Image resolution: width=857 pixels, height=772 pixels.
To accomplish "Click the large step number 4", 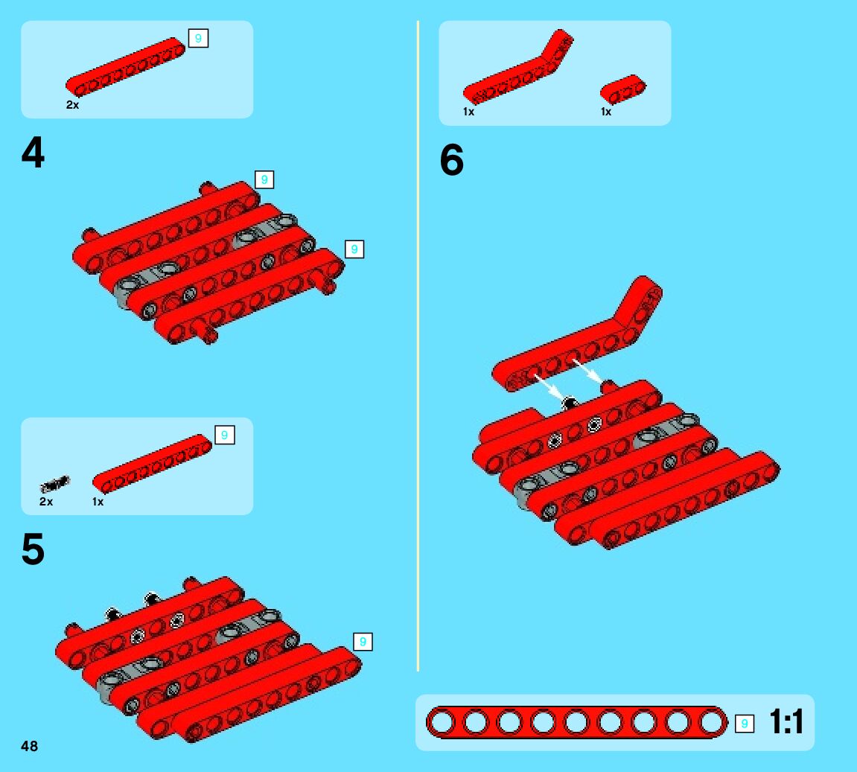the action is click(33, 153).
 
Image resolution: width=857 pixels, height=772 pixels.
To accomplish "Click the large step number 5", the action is click(33, 549).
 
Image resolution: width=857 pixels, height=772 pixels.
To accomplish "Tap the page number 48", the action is click(30, 746).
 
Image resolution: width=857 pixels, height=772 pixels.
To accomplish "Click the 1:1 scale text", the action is click(786, 721).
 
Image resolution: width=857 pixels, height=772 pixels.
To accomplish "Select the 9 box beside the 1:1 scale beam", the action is click(744, 724).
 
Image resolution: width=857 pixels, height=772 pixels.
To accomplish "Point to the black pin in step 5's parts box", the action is click(54, 484).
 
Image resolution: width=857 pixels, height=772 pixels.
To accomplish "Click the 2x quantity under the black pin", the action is click(46, 502).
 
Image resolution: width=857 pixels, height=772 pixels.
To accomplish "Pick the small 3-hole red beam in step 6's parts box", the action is click(622, 89).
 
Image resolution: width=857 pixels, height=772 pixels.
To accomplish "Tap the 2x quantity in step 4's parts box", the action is click(73, 104).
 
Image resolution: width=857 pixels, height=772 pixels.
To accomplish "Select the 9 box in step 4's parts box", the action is click(198, 38).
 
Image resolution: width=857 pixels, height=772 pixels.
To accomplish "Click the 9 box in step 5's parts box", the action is click(224, 435).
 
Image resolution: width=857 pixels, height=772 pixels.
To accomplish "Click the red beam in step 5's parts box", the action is click(152, 464).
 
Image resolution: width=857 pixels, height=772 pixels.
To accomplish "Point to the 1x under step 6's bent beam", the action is click(468, 112).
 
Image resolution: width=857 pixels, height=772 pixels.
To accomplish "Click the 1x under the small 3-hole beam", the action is click(605, 112).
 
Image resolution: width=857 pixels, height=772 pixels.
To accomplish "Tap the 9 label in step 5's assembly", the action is click(363, 642).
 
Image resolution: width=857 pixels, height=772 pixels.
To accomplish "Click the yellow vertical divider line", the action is click(418, 346).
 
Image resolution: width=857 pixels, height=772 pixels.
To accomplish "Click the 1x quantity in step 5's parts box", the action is click(98, 502).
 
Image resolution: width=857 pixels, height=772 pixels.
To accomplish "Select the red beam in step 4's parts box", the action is click(125, 67).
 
